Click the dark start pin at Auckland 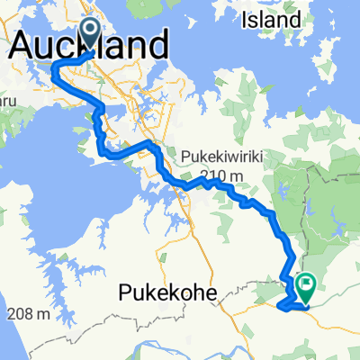91,33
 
